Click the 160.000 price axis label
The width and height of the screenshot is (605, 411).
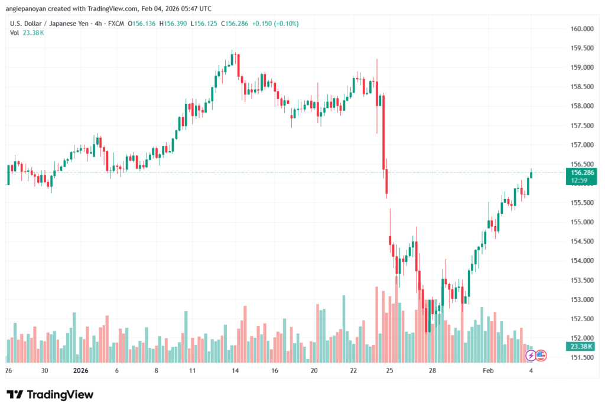[x=581, y=29]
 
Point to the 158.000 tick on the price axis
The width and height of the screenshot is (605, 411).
[x=581, y=106]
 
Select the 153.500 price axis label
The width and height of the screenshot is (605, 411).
[x=581, y=280]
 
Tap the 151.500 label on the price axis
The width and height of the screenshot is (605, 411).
[x=581, y=358]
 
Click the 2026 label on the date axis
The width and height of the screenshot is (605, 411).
[x=81, y=371]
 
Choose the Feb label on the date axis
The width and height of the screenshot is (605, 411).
[x=488, y=371]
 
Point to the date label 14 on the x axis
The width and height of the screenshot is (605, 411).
[x=235, y=371]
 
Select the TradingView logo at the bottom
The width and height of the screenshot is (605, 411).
[x=50, y=394]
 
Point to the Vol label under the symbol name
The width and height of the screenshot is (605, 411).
[x=15, y=32]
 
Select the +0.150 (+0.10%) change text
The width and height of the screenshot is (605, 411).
[x=275, y=24]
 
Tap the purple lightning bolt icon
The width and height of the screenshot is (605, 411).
[x=531, y=355]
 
